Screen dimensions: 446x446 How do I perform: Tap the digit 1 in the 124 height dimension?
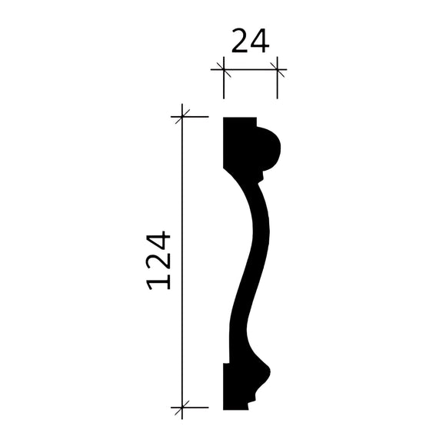(x=158, y=280)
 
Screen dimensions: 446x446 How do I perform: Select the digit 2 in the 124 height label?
(x=158, y=261)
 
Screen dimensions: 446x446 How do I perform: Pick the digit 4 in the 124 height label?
(x=158, y=240)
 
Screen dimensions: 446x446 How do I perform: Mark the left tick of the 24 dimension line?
(x=224, y=72)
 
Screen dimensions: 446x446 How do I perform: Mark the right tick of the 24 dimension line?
(x=277, y=72)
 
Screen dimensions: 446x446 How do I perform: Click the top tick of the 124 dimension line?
(x=181, y=118)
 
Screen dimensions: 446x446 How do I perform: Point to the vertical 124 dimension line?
(x=181, y=261)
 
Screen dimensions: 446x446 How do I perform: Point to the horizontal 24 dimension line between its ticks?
(x=250, y=72)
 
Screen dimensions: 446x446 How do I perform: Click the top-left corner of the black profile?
(x=224, y=118)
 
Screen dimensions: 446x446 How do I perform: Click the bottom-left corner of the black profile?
(x=224, y=409)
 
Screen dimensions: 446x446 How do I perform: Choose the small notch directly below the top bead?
(x=260, y=175)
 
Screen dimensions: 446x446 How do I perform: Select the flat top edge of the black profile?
(x=239, y=118)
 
